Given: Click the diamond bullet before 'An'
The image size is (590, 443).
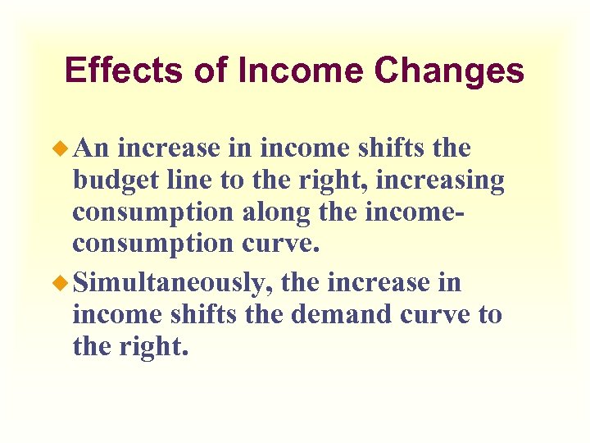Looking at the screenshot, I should [x=65, y=149].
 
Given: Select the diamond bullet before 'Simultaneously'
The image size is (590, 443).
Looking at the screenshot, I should [x=65, y=283].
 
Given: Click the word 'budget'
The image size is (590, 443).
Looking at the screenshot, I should [x=114, y=180].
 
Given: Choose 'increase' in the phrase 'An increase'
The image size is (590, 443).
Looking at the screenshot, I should [x=168, y=149].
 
